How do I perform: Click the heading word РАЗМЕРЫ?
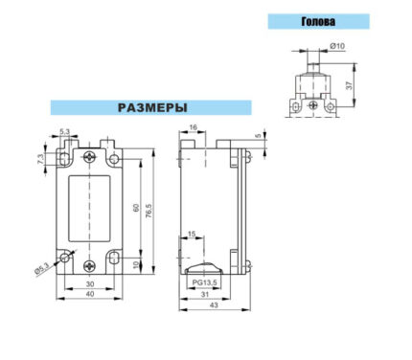pyautogui.click(x=152, y=107)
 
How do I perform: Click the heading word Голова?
pyautogui.click(x=318, y=21)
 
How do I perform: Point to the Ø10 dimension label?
pyautogui.click(x=337, y=46)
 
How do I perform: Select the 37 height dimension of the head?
pyautogui.click(x=350, y=85)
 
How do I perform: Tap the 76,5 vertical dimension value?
pyautogui.click(x=149, y=211)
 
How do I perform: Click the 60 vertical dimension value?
pyautogui.click(x=136, y=208)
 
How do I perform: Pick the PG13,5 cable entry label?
pyautogui.click(x=204, y=282)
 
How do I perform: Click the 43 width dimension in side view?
pyautogui.click(x=214, y=305)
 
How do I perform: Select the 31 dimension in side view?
pyautogui.click(x=205, y=295)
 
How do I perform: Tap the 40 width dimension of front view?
pyautogui.click(x=90, y=294)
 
